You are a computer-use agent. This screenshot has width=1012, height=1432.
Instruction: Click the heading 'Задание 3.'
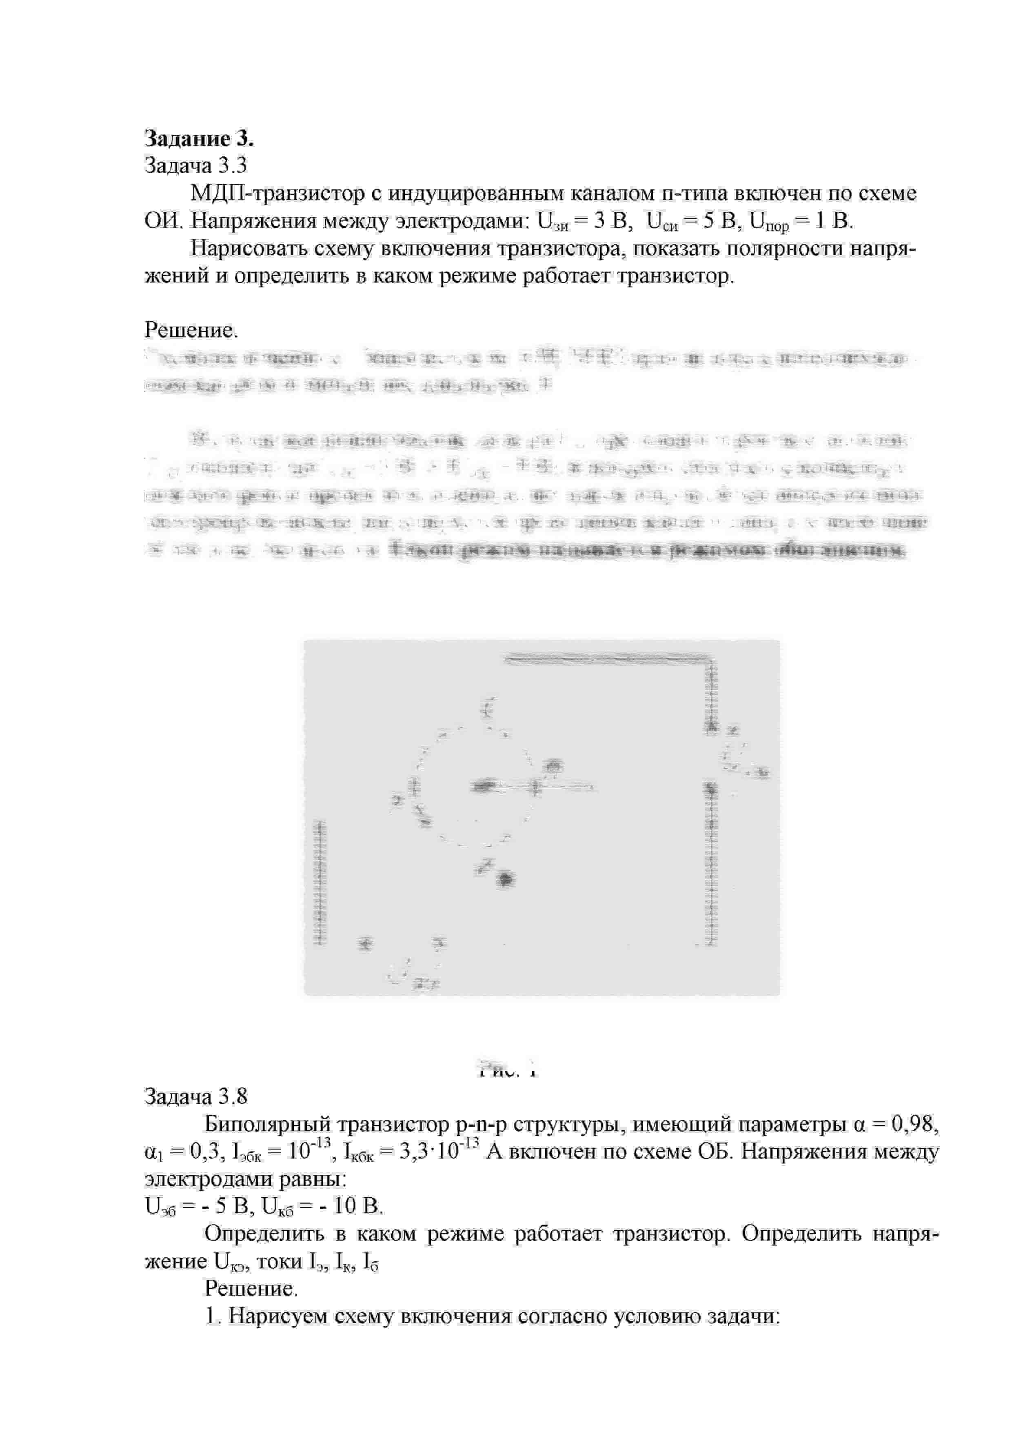point(199,138)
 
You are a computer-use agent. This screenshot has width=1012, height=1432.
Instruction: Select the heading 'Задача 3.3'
point(196,165)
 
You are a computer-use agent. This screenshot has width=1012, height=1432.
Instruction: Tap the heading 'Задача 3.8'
point(196,1096)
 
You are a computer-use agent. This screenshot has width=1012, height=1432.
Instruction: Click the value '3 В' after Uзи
point(613,221)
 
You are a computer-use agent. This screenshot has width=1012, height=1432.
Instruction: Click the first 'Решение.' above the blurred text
point(191,330)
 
